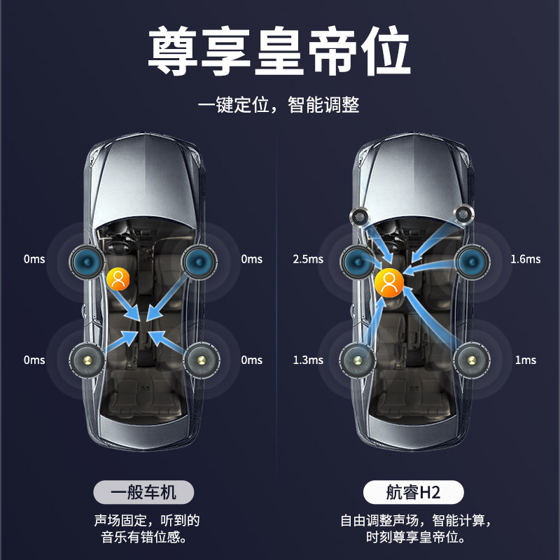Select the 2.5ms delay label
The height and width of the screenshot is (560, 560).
pos(308,259)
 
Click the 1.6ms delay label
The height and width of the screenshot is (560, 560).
pos(525,259)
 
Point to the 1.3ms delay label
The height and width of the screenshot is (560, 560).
pos(308,360)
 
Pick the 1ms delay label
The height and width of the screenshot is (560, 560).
pos(525,360)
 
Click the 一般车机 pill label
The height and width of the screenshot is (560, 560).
pos(143,492)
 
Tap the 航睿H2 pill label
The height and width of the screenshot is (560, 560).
pos(413,492)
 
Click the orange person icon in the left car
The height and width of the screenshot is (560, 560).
pos(119,279)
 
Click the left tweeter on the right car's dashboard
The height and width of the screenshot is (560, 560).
pos(360,215)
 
